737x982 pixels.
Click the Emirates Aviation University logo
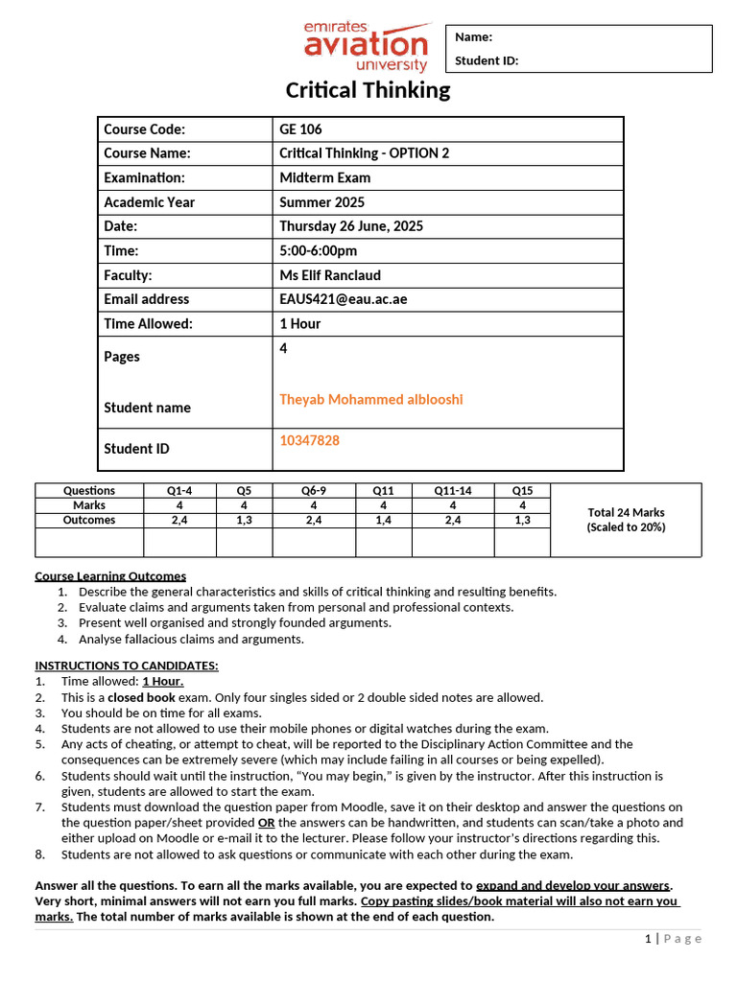(366, 46)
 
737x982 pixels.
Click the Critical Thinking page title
(368, 90)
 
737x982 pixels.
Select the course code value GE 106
(300, 129)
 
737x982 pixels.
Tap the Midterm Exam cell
(324, 177)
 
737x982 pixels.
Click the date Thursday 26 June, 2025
(350, 226)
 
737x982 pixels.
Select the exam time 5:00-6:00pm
(318, 251)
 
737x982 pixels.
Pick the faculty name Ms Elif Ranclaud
(329, 275)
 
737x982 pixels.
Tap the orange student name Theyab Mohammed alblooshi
(370, 399)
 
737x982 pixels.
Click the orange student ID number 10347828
(309, 440)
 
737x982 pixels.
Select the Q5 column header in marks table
(244, 490)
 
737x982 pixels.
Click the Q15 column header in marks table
(522, 490)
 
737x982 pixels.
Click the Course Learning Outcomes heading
(110, 576)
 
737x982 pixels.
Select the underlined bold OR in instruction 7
(267, 823)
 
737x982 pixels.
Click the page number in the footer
(648, 939)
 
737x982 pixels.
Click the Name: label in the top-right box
(473, 37)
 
